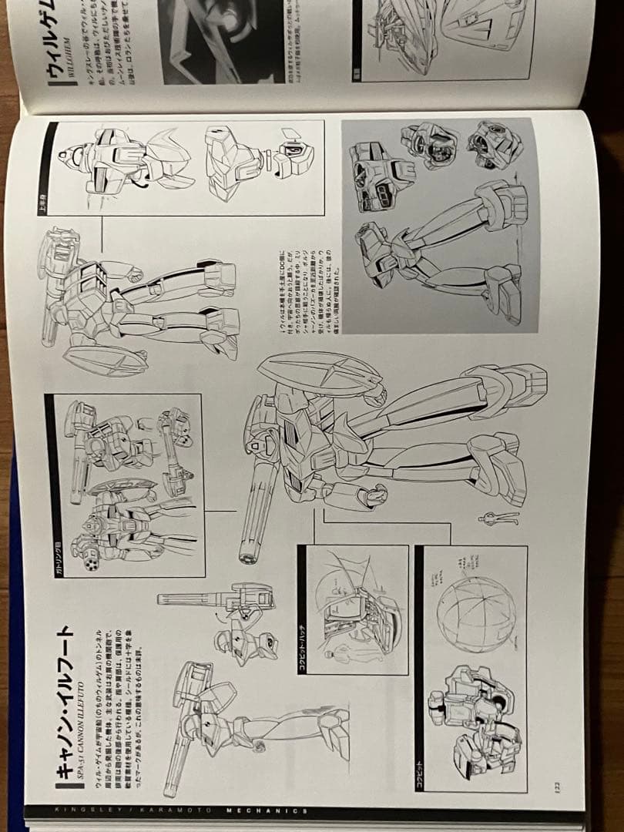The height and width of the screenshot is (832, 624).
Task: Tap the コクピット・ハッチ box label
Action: pos(303,652)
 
